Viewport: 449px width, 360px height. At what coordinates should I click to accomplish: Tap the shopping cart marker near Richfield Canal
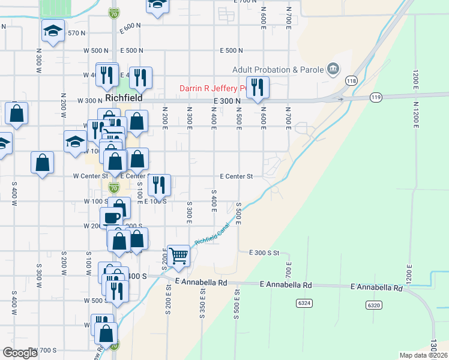click(x=179, y=255)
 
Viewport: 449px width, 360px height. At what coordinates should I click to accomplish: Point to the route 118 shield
click(x=351, y=80)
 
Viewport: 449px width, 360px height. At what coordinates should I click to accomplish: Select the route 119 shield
click(x=376, y=97)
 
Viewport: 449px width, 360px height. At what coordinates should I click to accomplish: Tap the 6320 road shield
click(x=374, y=305)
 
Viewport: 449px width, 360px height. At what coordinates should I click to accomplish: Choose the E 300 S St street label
click(x=265, y=253)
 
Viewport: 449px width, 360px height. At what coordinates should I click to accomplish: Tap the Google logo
click(x=20, y=353)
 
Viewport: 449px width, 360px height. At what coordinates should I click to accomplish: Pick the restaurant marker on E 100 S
click(x=159, y=184)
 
